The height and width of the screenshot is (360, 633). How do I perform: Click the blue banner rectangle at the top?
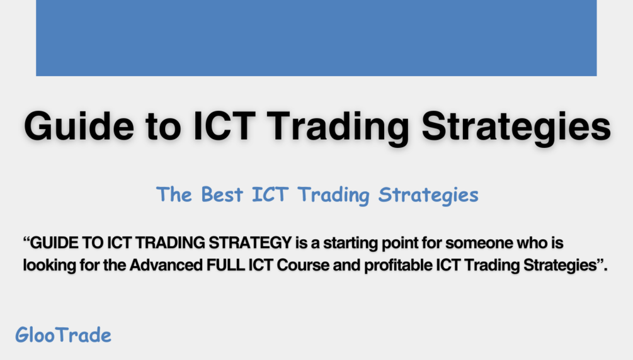pos(316,38)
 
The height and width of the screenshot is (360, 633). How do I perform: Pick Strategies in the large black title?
pos(516,126)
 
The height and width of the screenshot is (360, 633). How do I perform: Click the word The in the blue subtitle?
pos(174,194)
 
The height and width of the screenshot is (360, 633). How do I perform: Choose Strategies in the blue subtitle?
pos(428,194)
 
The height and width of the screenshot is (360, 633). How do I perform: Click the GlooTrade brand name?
pos(63,335)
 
